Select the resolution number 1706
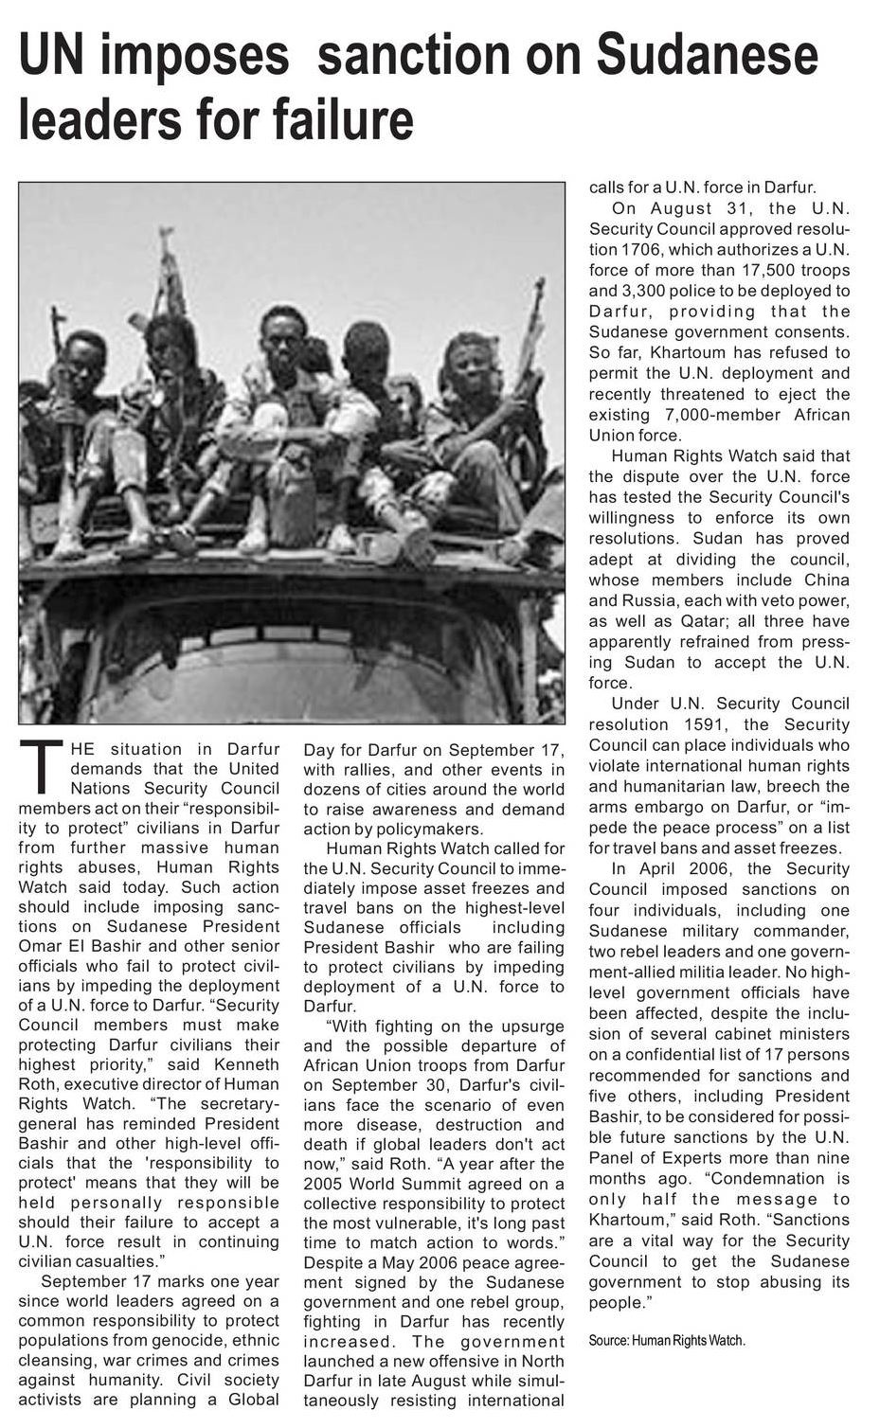[x=644, y=249]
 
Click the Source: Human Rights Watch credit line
[x=666, y=1341]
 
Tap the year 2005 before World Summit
[x=326, y=1184]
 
